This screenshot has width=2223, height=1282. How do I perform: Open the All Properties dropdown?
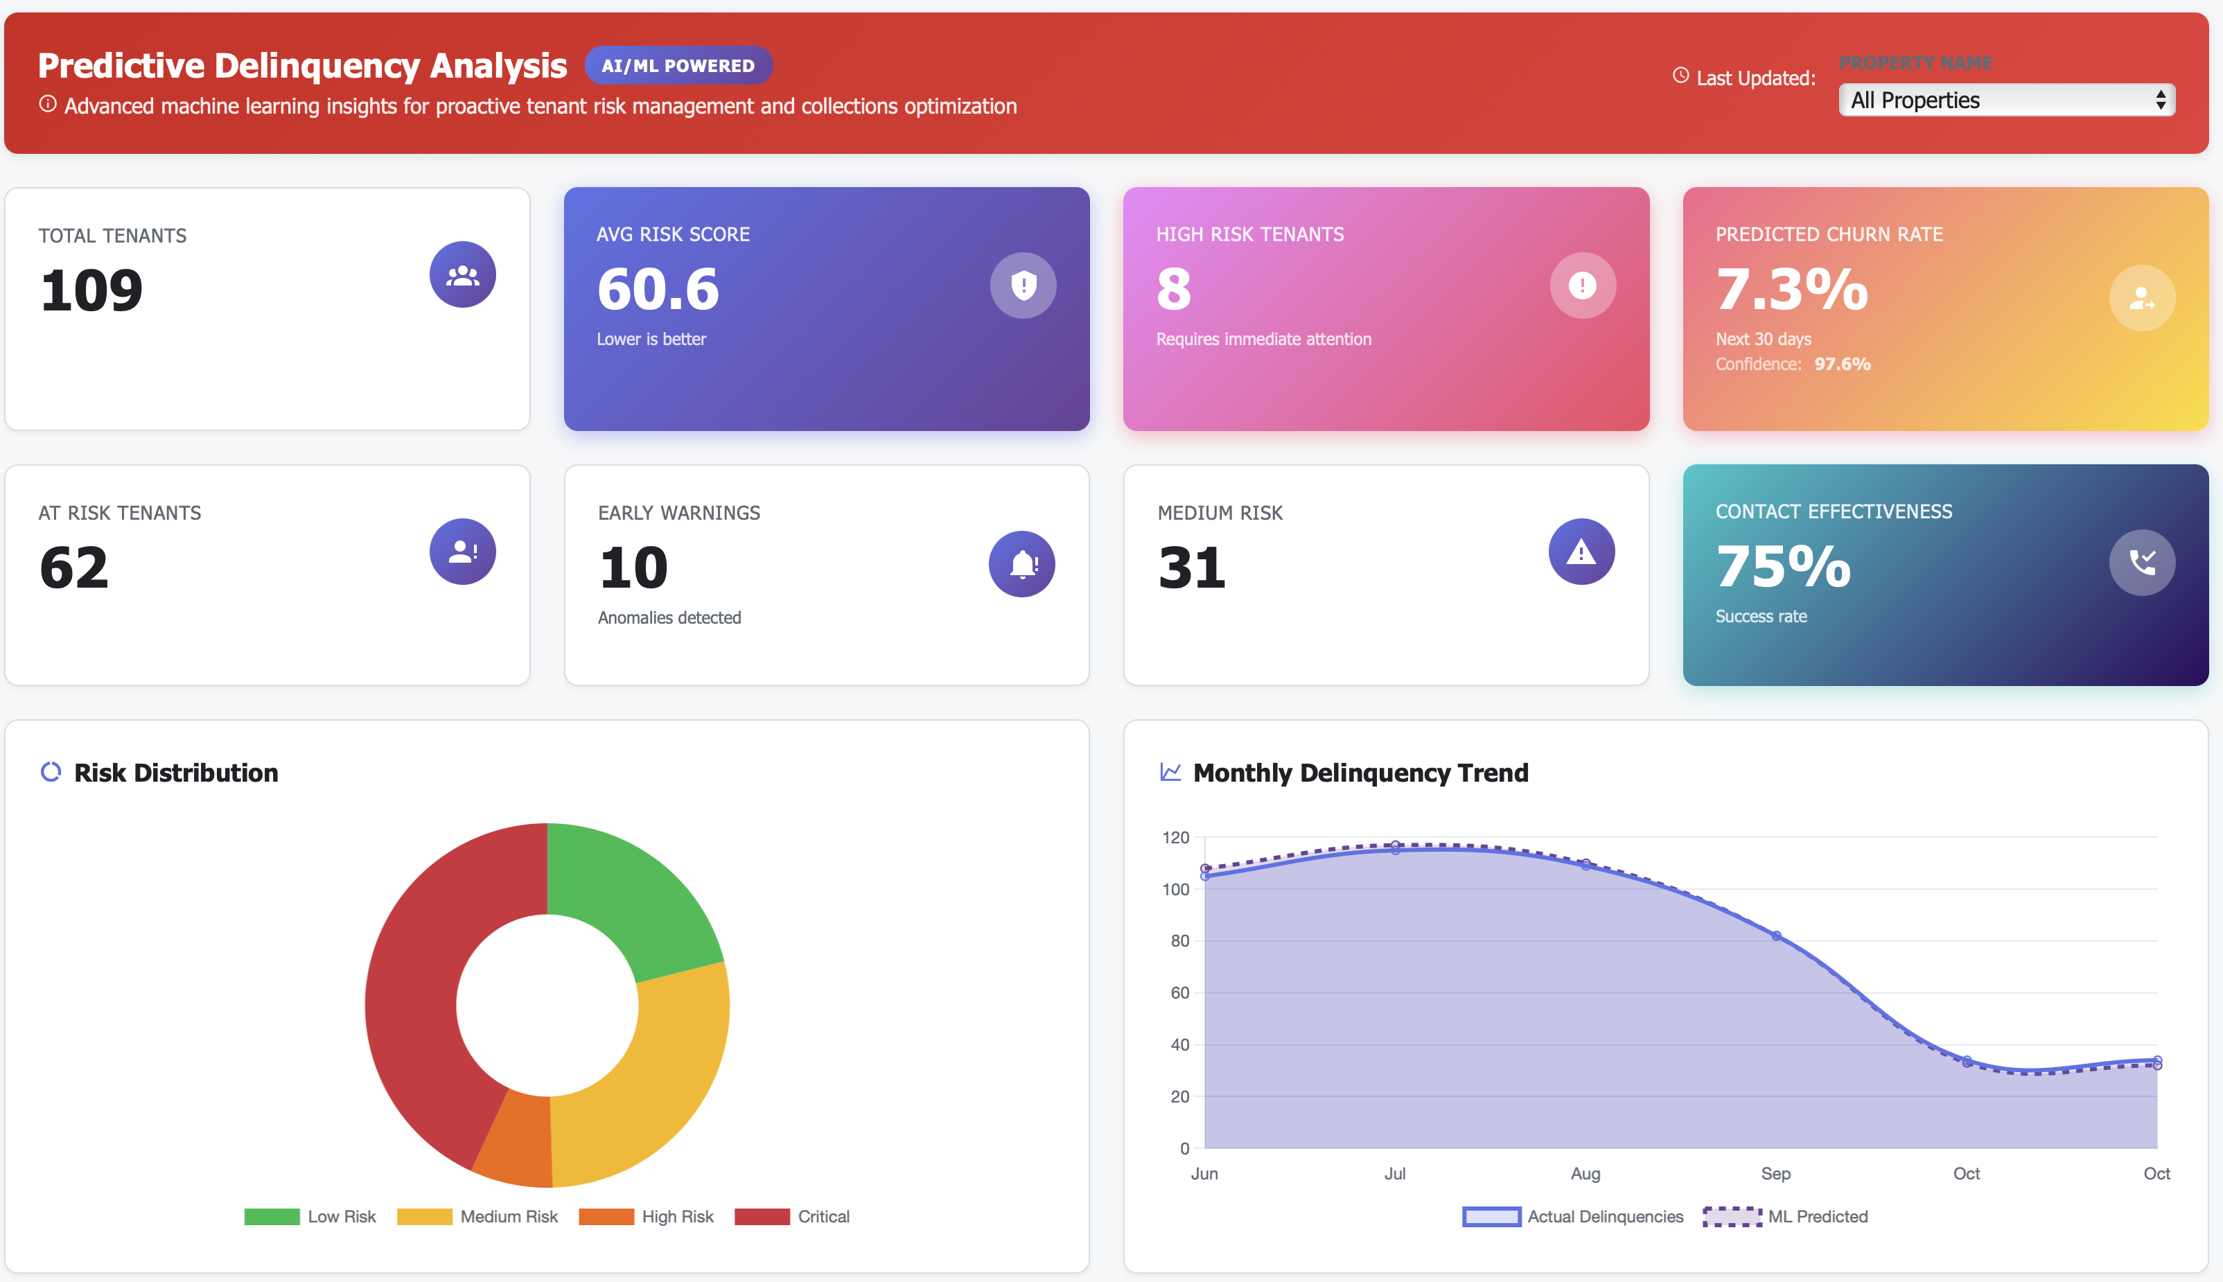coord(2005,100)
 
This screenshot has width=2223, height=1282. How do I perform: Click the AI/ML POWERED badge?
coord(678,66)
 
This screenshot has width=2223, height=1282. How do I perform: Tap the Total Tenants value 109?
coord(91,290)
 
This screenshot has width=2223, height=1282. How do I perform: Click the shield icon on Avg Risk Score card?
coord(1023,286)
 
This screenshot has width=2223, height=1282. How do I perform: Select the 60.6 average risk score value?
coord(658,289)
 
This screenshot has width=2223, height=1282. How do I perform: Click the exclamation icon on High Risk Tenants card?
coord(1582,286)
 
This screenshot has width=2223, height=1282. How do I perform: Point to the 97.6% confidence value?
coord(1842,365)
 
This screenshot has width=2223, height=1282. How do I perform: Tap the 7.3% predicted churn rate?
coord(1791,289)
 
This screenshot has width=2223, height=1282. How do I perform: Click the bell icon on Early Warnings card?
coord(1022,563)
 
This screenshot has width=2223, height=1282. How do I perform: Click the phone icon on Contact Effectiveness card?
coord(2141,563)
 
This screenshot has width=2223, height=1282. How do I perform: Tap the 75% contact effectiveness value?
coord(1783,566)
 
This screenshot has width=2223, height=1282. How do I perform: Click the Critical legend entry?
coord(792,1216)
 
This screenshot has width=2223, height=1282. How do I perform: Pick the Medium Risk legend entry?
coord(478,1216)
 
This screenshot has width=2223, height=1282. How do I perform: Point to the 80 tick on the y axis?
coord(1179,941)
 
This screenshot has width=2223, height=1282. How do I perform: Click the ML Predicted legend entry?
coord(1786,1216)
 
